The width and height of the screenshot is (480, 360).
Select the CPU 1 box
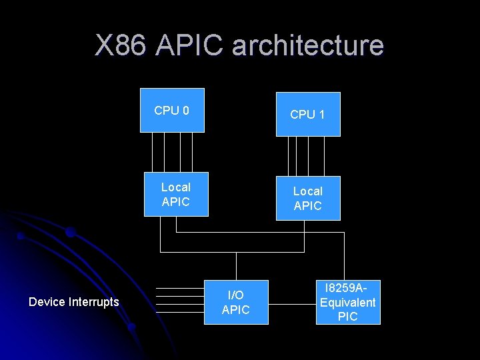coord(308,114)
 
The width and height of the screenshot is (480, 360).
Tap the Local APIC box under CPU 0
coord(176,194)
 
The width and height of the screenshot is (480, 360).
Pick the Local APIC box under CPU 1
coord(308,198)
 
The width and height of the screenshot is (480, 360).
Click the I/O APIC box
coord(235,302)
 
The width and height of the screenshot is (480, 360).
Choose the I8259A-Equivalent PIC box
coord(348,302)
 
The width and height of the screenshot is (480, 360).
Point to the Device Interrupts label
coord(74,302)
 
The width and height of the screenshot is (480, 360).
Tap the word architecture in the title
coord(308,46)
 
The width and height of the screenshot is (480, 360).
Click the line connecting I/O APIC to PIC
coord(292,304)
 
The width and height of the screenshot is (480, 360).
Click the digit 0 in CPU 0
coord(185,110)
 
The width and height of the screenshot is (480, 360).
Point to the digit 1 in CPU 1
coord(321,115)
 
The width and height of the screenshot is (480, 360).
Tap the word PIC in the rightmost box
coord(348,317)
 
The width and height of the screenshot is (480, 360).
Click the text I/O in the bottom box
coord(235,295)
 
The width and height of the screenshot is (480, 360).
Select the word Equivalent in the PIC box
coord(348,302)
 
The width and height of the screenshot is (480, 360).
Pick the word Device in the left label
coord(46,302)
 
